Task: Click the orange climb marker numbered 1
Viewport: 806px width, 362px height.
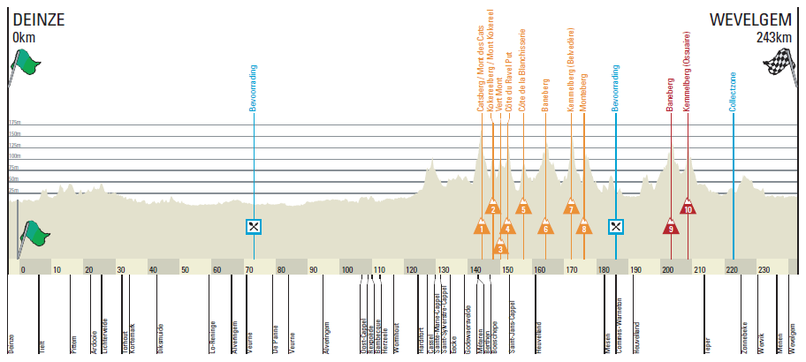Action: coord(482,228)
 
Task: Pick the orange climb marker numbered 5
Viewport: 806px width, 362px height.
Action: coord(523,208)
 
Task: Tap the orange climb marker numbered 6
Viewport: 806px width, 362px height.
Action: coord(545,228)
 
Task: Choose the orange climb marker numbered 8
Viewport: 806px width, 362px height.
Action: coord(583,228)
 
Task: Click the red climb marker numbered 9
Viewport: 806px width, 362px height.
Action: coord(672,228)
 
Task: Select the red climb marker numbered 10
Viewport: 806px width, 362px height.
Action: coord(688,208)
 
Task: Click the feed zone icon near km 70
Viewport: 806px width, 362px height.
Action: coord(254,226)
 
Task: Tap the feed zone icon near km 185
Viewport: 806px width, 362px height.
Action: coord(616,226)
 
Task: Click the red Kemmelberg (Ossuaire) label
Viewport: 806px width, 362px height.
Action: coord(688,75)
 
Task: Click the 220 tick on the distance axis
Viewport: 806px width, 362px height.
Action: coord(732,269)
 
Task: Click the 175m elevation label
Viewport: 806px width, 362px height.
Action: coord(14,123)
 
